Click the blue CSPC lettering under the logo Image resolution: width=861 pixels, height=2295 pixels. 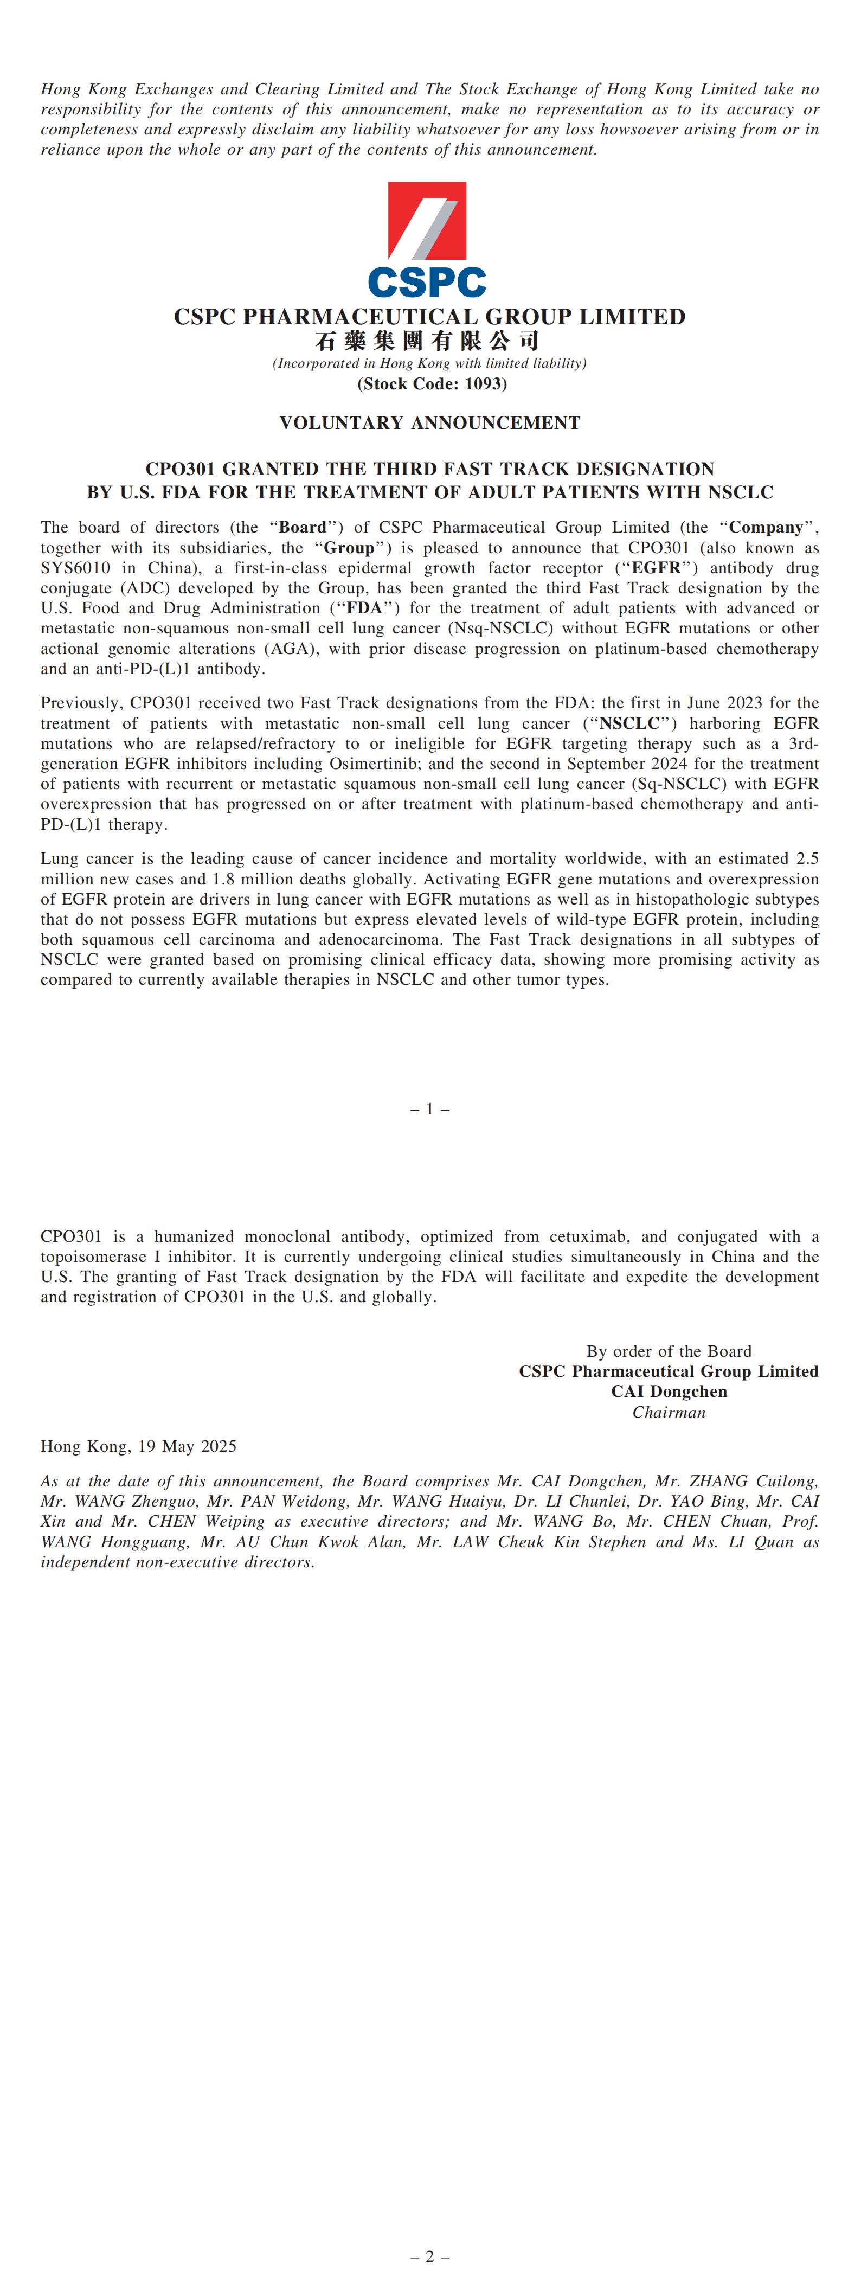click(427, 283)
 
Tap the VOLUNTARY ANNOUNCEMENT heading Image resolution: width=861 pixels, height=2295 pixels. click(429, 423)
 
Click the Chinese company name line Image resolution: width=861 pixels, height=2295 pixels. click(427, 341)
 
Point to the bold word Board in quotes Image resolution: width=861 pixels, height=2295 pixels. click(303, 528)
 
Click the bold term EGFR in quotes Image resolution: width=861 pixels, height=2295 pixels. click(656, 567)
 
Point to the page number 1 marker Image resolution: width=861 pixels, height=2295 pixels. click(429, 1109)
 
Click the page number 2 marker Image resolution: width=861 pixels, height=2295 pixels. click(429, 2256)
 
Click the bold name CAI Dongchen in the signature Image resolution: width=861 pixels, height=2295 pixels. click(669, 1392)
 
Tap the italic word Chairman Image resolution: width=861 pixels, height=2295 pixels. click(669, 1412)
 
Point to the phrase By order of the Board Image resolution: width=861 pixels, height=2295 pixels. click(669, 1351)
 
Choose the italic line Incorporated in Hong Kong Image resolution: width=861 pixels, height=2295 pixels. click(429, 363)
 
